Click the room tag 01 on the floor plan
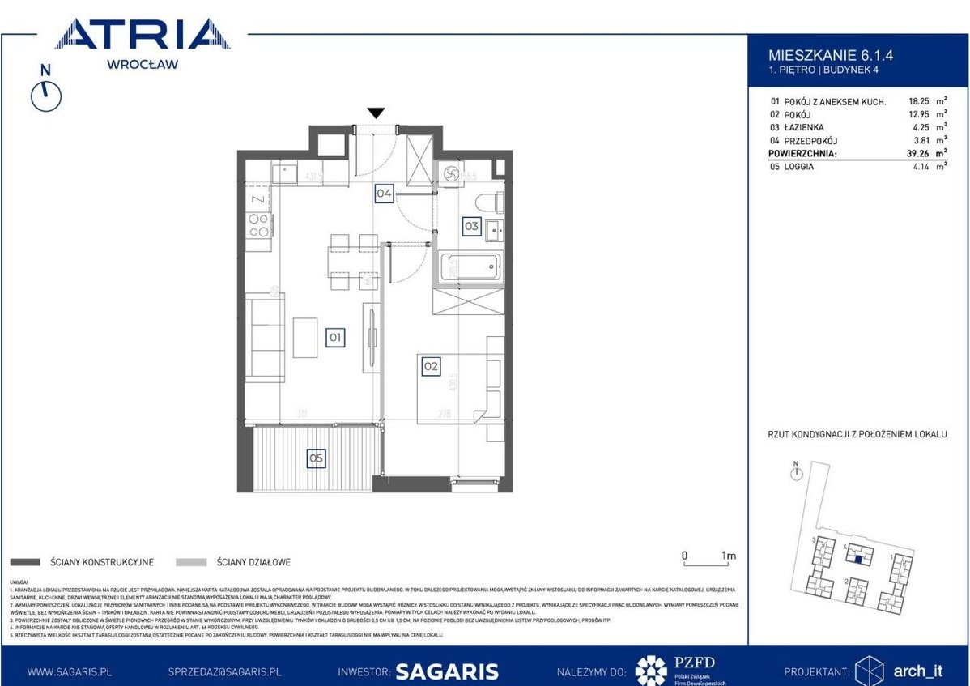pos(335,337)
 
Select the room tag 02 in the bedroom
pos(431,366)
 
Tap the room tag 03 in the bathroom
pos(471,227)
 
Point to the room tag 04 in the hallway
pos(384,194)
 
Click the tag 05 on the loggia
pos(316,458)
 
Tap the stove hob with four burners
pos(258,224)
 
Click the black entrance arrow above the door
pos(376,113)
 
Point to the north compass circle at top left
pos(46,96)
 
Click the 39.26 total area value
pos(911,152)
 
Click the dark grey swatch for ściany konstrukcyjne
pos(25,561)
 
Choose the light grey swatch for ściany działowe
pos(191,561)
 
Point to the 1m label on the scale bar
pos(728,556)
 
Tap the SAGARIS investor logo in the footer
pos(446,671)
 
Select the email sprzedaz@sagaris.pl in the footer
pos(224,671)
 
